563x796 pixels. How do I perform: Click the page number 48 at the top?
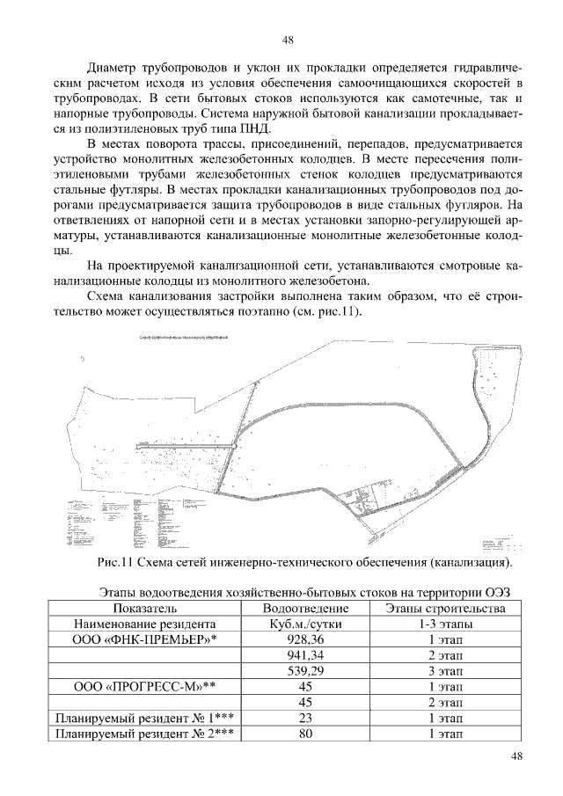pos(287,40)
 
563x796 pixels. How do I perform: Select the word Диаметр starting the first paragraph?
pos(116,68)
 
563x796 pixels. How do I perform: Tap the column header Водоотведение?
pos(306,608)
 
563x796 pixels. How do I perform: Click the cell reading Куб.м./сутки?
pos(306,624)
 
